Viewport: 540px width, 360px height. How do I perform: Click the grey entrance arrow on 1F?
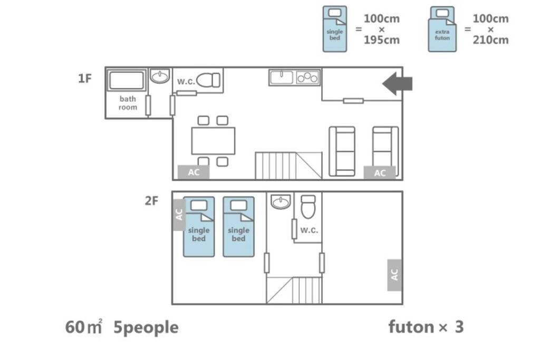pyautogui.click(x=397, y=84)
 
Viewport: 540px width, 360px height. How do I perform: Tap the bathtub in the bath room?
pyautogui.click(x=127, y=80)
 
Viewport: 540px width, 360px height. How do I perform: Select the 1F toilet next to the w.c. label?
pyautogui.click(x=208, y=80)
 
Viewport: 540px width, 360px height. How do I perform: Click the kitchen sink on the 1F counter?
pyautogui.click(x=282, y=77)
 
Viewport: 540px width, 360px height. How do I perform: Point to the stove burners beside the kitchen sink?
pyautogui.click(x=307, y=77)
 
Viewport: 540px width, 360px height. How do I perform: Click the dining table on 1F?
pyautogui.click(x=213, y=141)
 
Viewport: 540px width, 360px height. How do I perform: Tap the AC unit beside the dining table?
pyautogui.click(x=194, y=172)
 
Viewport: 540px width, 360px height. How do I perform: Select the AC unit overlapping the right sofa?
pyautogui.click(x=380, y=173)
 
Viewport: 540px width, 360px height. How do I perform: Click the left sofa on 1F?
pyautogui.click(x=342, y=151)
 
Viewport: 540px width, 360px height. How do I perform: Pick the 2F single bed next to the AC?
pyautogui.click(x=199, y=227)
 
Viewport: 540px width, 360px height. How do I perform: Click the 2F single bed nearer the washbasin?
pyautogui.click(x=239, y=227)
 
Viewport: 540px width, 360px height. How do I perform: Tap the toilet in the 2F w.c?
pyautogui.click(x=308, y=207)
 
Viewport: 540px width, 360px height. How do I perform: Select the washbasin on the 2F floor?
pyautogui.click(x=281, y=202)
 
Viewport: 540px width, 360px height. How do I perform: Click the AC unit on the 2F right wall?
pyautogui.click(x=394, y=275)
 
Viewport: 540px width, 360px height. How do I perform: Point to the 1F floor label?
pyautogui.click(x=85, y=79)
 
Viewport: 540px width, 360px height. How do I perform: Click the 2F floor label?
pyautogui.click(x=151, y=201)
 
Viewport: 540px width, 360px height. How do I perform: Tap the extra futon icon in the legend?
pyautogui.click(x=442, y=30)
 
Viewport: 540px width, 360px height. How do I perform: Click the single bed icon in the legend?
pyautogui.click(x=335, y=29)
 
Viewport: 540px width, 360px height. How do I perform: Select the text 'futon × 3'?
pyautogui.click(x=426, y=327)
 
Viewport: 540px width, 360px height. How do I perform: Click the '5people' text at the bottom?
pyautogui.click(x=146, y=328)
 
